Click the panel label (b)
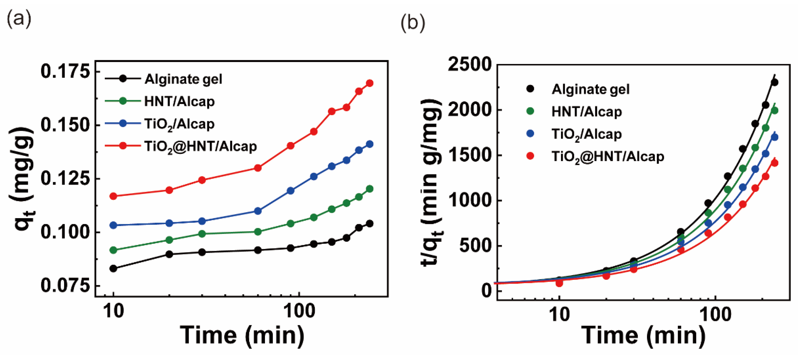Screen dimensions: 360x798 click(413, 23)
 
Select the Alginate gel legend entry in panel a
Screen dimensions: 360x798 click(183, 79)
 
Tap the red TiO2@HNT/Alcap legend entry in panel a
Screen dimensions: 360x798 click(200, 146)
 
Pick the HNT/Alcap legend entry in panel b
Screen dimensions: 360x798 click(587, 111)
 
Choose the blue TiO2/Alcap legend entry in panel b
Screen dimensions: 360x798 click(587, 134)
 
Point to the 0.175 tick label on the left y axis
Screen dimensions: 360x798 click(65, 71)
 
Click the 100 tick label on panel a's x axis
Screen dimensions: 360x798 click(300, 311)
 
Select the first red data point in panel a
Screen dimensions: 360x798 click(113, 196)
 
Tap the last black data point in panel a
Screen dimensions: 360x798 click(369, 223)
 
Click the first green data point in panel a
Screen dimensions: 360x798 click(113, 250)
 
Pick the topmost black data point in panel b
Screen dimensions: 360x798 click(774, 82)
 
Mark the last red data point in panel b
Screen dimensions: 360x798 click(774, 163)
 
